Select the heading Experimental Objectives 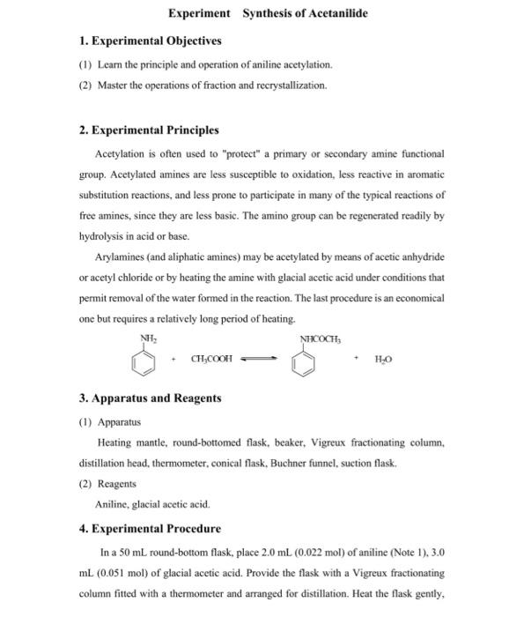pos(155,41)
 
